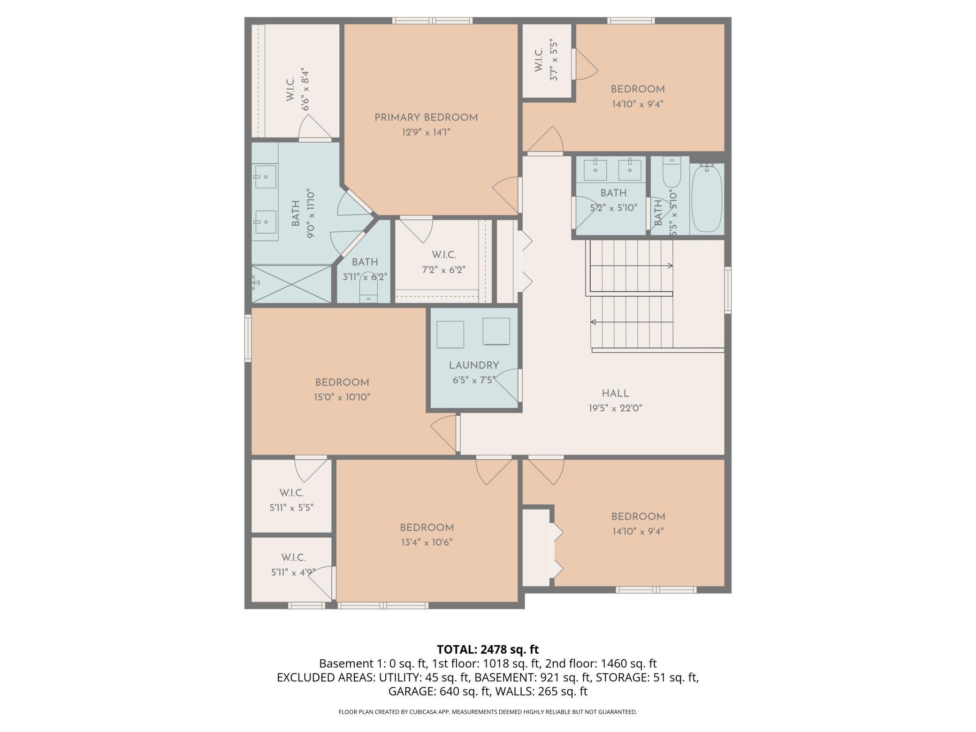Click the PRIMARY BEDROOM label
click(x=426, y=118)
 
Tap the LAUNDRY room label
click(x=473, y=366)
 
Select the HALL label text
click(x=615, y=394)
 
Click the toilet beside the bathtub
click(x=671, y=175)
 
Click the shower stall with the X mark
click(x=291, y=284)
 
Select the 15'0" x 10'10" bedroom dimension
click(x=342, y=397)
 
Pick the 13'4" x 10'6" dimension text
click(x=426, y=542)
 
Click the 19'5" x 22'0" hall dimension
click(x=615, y=408)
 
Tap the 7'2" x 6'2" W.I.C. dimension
click(x=443, y=270)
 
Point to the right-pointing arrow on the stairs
click(x=670, y=266)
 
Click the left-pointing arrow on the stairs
click(x=594, y=322)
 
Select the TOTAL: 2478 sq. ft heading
click(x=488, y=649)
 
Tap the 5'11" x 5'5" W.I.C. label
click(x=291, y=508)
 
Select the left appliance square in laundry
click(x=450, y=335)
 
